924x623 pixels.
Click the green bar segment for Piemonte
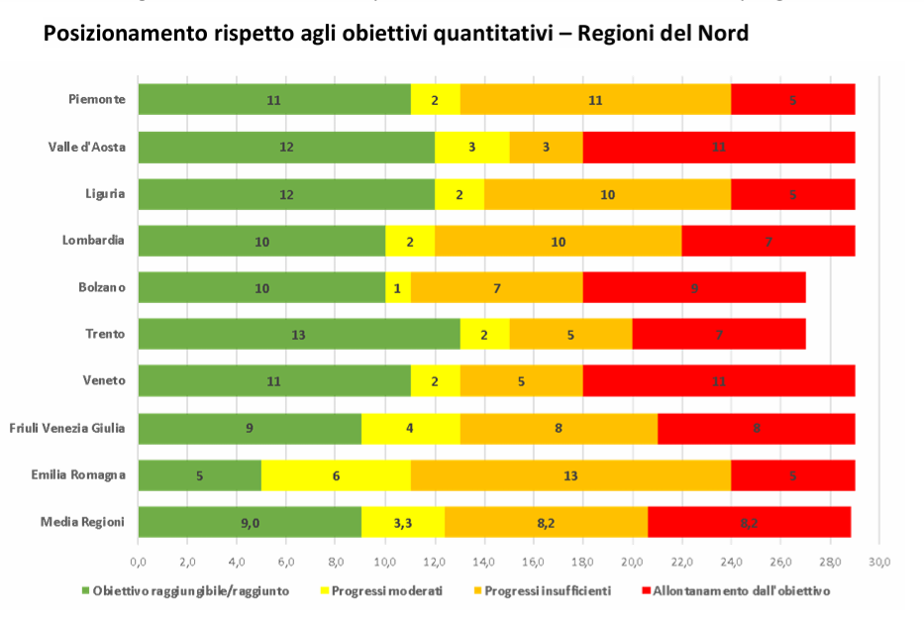click(x=274, y=100)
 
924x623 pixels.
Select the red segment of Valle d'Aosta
click(x=718, y=148)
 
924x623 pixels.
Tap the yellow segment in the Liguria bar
click(x=460, y=195)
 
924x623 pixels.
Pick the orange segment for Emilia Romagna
click(x=570, y=475)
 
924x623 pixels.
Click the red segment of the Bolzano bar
click(x=693, y=288)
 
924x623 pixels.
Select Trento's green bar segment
click(x=299, y=335)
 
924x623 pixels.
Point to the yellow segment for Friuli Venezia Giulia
click(x=410, y=429)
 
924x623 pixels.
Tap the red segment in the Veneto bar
click(x=718, y=381)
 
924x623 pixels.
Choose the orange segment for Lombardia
click(x=559, y=242)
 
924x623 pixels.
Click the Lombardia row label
click(x=93, y=241)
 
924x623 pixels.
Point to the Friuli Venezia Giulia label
click(x=67, y=428)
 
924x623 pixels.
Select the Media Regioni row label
click(x=83, y=521)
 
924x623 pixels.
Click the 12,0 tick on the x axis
click(x=435, y=563)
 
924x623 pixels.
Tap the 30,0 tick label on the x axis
click(x=879, y=563)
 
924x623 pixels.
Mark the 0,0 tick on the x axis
click(x=138, y=563)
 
